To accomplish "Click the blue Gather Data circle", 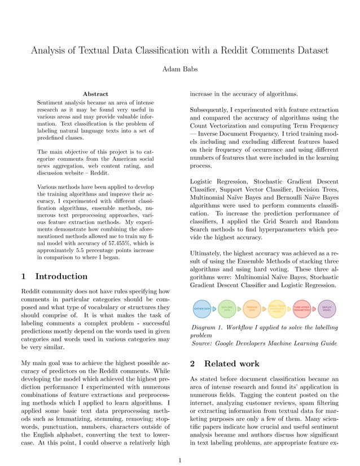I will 202,309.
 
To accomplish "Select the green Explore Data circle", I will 227,309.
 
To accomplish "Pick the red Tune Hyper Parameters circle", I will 302,309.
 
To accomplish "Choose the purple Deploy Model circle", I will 327,309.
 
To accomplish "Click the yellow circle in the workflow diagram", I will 277,309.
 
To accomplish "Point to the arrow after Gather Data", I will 214,309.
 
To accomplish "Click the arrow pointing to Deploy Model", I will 314,309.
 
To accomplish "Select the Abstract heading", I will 95,94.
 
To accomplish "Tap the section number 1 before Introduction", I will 23,276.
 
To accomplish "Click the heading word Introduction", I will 62,276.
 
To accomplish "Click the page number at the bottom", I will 179,460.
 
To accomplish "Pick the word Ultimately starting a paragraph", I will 209,254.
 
